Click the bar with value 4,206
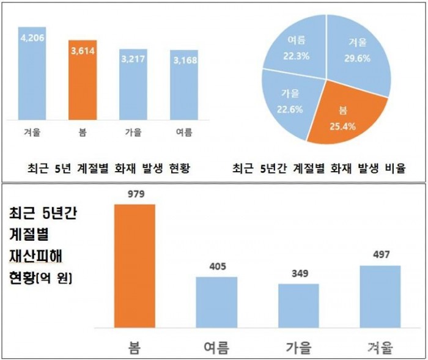[31, 73]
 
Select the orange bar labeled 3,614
[83, 79]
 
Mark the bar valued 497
[380, 296]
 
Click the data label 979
[135, 194]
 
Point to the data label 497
[380, 255]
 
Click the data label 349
[298, 273]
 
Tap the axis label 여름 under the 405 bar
[216, 347]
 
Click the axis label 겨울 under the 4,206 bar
[31, 131]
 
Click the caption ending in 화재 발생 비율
[319, 168]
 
